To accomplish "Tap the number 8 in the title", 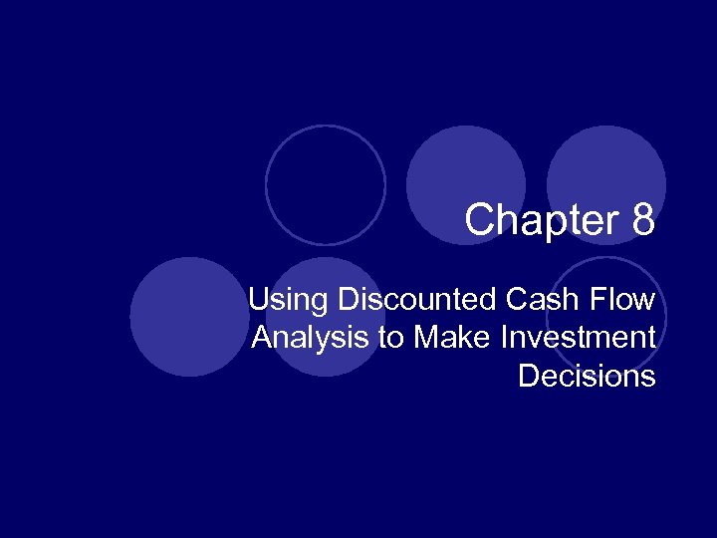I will (642, 220).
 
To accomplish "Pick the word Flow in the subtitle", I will (625, 299).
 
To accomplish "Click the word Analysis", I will (309, 338).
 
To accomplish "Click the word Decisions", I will (587, 377).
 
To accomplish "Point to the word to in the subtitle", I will (389, 339).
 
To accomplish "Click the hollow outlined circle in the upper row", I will (326, 185).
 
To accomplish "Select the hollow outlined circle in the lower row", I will (606, 316).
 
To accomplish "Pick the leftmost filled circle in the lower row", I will (188, 317).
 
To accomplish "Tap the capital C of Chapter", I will (480, 220).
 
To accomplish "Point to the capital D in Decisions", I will (528, 377).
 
